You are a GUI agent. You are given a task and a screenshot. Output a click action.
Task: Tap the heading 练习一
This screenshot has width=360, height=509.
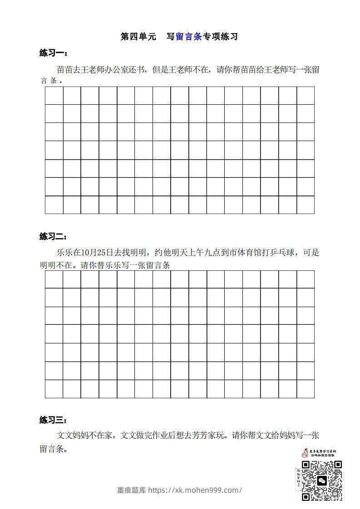pos(53,54)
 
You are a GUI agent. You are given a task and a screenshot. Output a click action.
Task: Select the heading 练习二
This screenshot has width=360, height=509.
pos(53,236)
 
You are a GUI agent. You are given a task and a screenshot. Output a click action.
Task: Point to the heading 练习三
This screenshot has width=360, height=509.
pos(53,420)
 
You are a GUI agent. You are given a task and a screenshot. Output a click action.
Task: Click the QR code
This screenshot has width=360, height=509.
pos(321,480)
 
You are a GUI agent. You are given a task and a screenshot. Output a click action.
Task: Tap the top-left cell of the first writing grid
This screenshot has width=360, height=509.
pos(54,96)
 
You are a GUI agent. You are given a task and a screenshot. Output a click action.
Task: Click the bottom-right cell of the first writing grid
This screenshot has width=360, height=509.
pos(306,205)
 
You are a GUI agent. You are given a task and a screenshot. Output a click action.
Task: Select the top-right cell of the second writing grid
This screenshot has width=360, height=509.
pos(306,279)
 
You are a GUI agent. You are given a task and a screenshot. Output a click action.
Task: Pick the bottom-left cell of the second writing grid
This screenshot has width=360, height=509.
pos(54,389)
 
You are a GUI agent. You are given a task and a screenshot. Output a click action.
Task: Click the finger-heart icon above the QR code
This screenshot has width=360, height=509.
pos(305,453)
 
